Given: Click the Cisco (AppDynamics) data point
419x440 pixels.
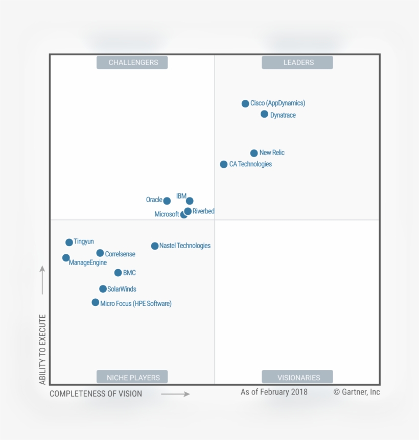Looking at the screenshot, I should coord(245,103).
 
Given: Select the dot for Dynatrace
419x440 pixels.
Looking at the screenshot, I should coord(264,114).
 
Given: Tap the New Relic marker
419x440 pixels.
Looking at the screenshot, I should coord(254,153).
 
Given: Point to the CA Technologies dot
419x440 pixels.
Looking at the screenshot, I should coord(224,164).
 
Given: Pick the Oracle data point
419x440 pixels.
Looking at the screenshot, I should coord(167,201).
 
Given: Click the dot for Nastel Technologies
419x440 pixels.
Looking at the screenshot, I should coord(155,246).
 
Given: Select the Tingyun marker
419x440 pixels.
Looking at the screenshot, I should coord(69,243).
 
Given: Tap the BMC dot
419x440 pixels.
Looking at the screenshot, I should coord(118,273).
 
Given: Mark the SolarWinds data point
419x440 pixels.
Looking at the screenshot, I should coord(103,289).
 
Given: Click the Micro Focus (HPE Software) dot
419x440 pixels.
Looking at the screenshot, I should coord(96,302).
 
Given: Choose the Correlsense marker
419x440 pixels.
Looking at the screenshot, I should coord(100,253).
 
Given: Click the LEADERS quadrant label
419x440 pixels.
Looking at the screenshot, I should coord(298,62).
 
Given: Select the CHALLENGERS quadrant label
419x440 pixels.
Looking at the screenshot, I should coord(133,62).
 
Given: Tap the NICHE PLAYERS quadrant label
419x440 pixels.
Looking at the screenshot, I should coord(133,378).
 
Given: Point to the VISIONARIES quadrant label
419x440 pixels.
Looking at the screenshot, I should coord(298,378).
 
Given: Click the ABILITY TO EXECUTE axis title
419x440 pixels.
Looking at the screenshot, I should coord(43,349).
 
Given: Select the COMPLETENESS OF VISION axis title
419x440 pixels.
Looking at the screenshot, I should coord(96,393).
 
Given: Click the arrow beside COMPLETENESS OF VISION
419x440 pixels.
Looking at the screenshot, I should coord(175,394).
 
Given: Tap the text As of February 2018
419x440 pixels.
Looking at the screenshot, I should coord(274,392).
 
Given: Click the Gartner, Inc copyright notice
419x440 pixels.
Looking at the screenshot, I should coord(357,392).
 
